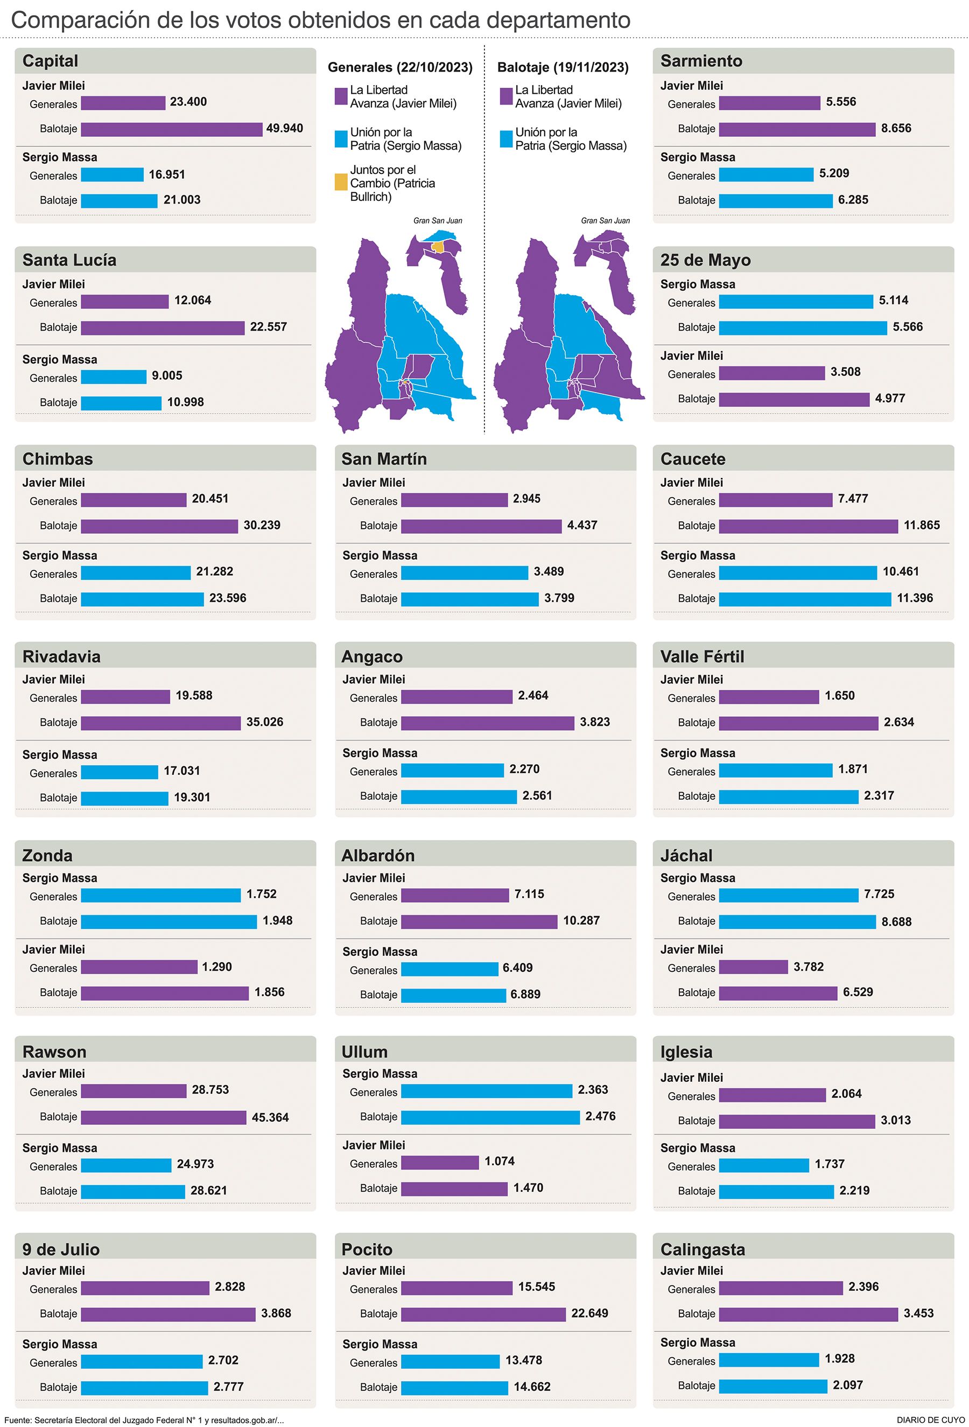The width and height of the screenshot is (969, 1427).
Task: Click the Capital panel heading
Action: (50, 61)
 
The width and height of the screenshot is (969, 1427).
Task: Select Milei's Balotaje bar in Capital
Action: (171, 130)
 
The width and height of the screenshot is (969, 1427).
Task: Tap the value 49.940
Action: (284, 128)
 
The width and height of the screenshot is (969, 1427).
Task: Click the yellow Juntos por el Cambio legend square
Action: (341, 183)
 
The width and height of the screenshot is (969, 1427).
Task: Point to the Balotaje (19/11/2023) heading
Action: (563, 67)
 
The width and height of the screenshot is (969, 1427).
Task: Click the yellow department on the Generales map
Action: (438, 246)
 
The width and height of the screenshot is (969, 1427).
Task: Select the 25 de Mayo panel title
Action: (705, 260)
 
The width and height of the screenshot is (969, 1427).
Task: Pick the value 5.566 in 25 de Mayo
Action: (907, 327)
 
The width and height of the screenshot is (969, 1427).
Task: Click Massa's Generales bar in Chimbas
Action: (136, 573)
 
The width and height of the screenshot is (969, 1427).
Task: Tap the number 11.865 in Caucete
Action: (921, 525)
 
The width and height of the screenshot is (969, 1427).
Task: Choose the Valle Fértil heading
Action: (702, 656)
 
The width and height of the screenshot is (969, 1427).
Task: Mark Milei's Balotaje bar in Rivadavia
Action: (161, 723)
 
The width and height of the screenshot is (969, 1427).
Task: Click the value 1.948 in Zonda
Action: (277, 920)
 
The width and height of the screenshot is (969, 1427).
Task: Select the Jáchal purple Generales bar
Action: (753, 967)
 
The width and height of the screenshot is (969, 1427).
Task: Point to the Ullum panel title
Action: (364, 1052)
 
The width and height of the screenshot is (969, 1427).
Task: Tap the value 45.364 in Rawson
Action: (270, 1117)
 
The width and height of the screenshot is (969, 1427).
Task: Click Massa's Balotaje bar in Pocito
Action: (454, 1387)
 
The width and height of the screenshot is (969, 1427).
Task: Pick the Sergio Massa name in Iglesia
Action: (697, 1148)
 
